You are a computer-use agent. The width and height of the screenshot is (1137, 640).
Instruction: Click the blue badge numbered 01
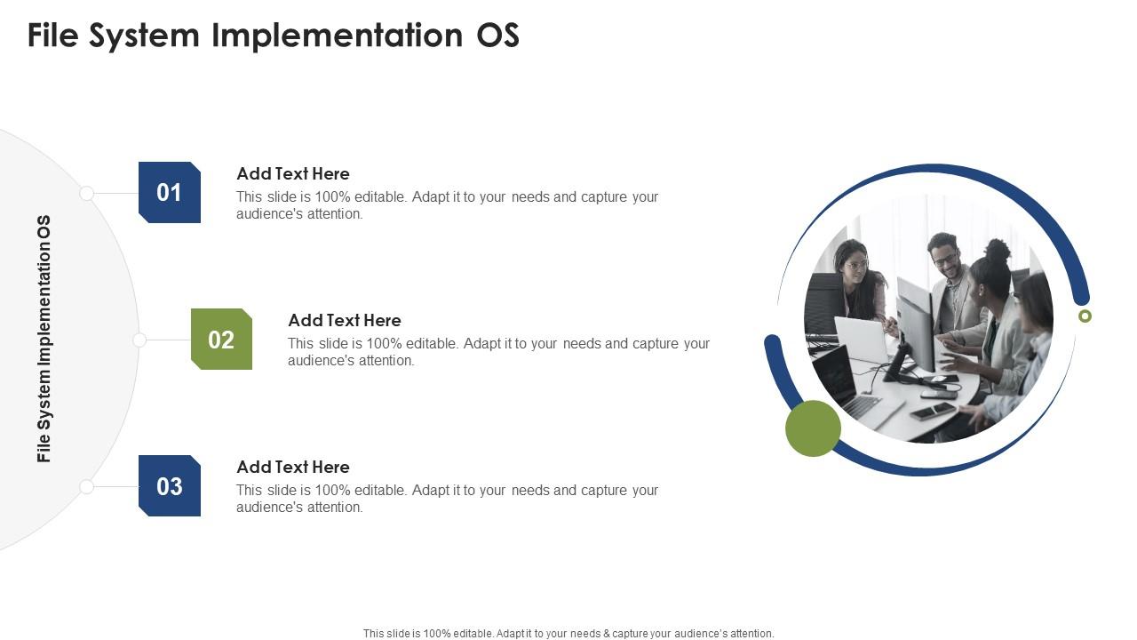click(170, 192)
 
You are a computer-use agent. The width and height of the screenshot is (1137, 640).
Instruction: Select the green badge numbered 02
click(221, 339)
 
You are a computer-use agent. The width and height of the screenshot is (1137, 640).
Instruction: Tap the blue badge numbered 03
click(170, 485)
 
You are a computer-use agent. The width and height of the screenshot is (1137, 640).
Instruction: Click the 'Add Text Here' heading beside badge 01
click(292, 173)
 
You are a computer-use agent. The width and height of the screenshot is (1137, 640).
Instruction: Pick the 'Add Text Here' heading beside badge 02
click(344, 320)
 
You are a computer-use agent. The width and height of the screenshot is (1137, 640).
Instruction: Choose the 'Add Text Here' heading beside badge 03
click(292, 467)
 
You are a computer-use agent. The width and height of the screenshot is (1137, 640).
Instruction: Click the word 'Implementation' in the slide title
click(336, 36)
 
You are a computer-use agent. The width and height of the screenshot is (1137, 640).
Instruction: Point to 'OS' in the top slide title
click(497, 36)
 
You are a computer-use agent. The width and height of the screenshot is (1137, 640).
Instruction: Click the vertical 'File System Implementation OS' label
click(44, 339)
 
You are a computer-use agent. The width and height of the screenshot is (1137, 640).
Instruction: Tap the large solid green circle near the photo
click(813, 428)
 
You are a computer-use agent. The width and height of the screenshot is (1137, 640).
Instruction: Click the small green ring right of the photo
click(1085, 316)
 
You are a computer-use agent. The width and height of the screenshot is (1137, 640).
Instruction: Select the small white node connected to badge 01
click(86, 193)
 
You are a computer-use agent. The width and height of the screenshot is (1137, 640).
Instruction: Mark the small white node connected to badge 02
click(139, 340)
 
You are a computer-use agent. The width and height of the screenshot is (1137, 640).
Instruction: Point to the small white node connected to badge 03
click(86, 486)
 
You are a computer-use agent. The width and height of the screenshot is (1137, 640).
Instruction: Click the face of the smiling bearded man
click(943, 258)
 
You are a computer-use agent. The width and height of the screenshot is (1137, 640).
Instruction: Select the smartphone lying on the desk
click(932, 411)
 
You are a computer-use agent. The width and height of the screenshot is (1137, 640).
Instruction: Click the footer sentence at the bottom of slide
click(568, 634)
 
